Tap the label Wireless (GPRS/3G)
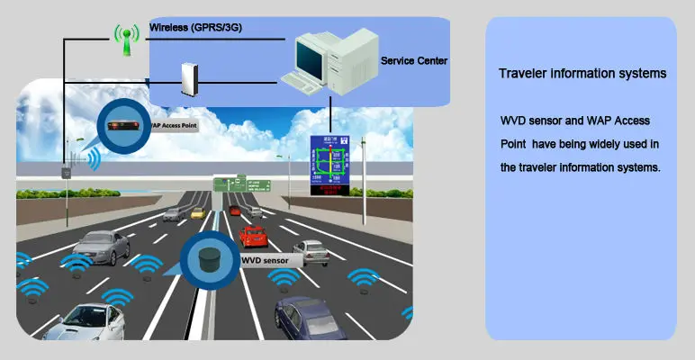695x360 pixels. tap(195, 28)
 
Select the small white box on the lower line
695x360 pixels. tap(188, 78)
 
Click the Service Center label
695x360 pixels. tap(414, 61)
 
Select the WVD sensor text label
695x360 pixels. tap(266, 261)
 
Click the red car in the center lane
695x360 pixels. tap(254, 237)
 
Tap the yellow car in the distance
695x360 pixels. tap(197, 213)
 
